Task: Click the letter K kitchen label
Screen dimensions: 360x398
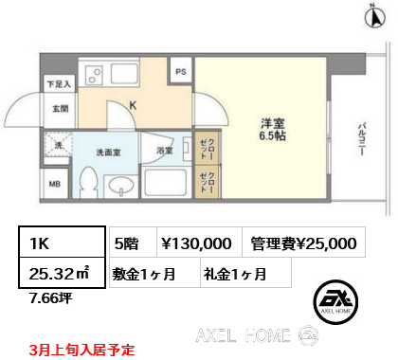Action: (134, 106)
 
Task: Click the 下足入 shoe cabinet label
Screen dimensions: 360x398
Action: (59, 83)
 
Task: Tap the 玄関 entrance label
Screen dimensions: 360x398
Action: (59, 108)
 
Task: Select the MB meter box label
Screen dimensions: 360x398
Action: (54, 184)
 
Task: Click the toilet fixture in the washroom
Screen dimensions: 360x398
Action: (90, 180)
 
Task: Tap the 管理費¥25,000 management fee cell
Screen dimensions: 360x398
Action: (304, 243)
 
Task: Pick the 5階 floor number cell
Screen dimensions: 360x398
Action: (125, 243)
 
